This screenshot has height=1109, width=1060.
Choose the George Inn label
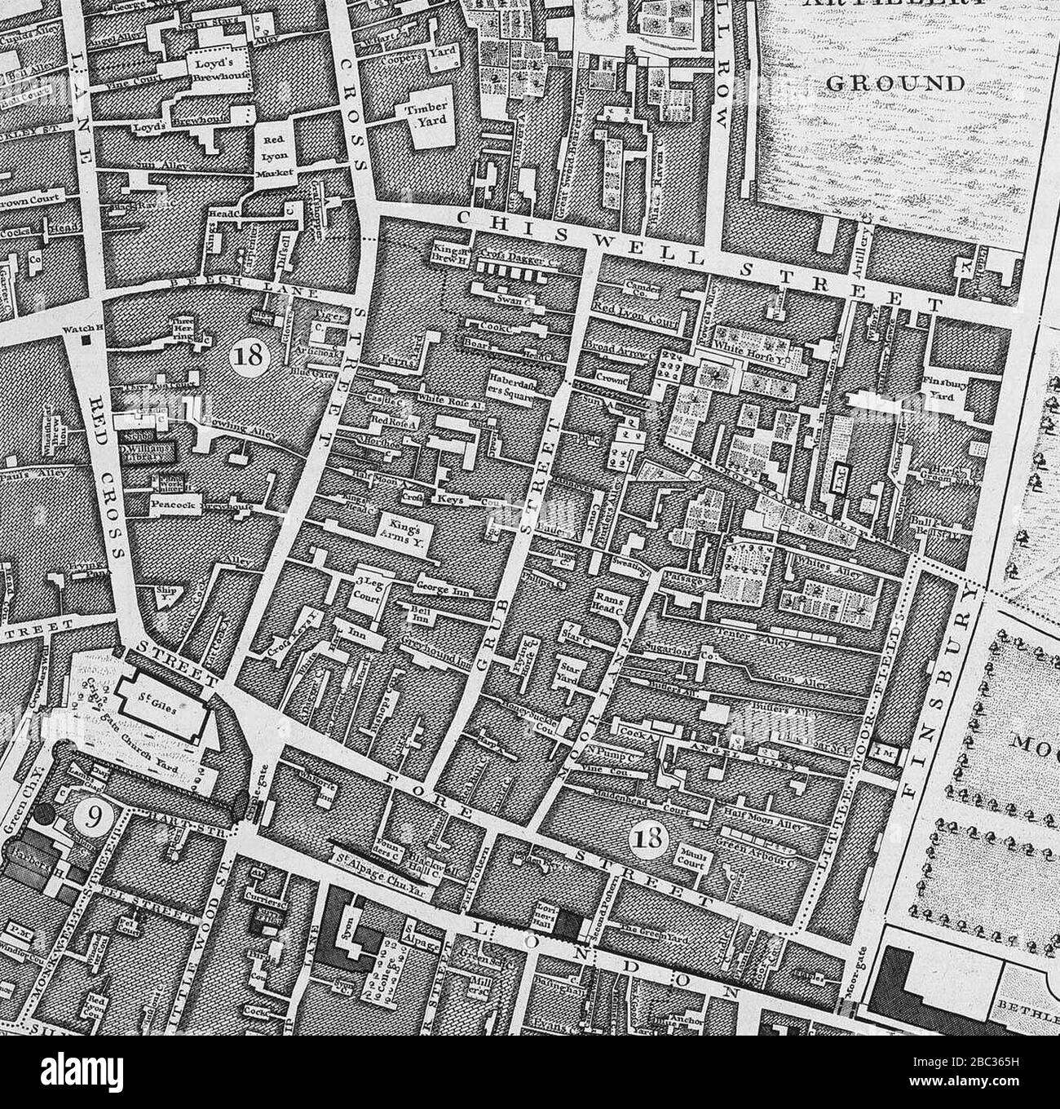pyautogui.click(x=441, y=586)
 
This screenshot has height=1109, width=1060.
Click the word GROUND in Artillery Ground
pyautogui.click(x=894, y=83)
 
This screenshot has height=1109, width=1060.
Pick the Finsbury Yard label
pyautogui.click(x=947, y=387)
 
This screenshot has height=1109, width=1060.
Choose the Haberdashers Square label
pyautogui.click(x=511, y=387)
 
